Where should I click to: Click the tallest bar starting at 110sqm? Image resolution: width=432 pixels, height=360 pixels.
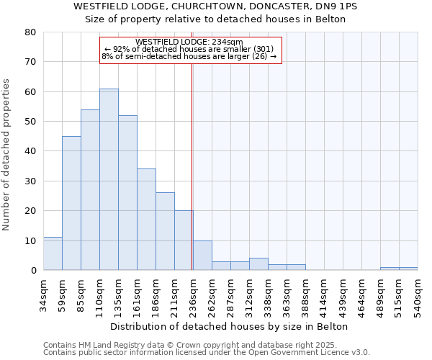[x=109, y=180]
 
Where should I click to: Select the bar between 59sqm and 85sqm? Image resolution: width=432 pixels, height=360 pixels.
[x=71, y=203]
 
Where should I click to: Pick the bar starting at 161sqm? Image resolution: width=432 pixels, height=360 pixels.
[x=146, y=220]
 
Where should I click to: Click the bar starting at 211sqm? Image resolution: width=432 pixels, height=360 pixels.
[x=184, y=240]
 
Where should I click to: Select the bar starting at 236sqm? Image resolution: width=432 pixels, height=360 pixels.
[x=202, y=256]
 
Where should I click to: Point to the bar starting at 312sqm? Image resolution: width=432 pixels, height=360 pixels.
[x=258, y=264]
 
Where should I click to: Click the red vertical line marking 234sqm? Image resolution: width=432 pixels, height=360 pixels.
[x=192, y=166]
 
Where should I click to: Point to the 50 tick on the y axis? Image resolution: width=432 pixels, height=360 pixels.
[x=30, y=122]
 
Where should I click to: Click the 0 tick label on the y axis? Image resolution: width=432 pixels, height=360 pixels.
[x=33, y=271]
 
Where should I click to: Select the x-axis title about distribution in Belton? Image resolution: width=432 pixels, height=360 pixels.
[x=230, y=327]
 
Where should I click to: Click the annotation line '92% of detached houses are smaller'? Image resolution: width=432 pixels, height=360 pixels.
[x=190, y=49]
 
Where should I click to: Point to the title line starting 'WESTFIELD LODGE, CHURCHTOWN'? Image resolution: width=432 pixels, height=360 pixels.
[x=215, y=6]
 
